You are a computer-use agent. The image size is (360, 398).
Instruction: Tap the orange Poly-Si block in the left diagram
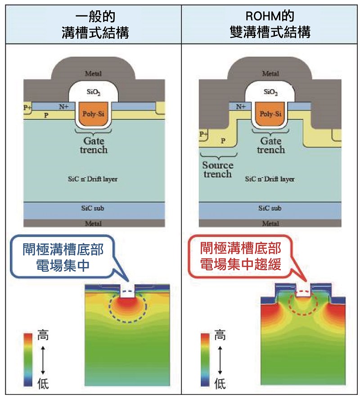(94, 114)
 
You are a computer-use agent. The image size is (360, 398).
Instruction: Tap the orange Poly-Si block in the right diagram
(270, 114)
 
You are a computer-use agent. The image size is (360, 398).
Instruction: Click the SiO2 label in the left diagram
(94, 92)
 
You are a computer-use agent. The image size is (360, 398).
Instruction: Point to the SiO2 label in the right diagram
(270, 92)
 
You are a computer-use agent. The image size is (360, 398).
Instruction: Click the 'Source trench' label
(218, 169)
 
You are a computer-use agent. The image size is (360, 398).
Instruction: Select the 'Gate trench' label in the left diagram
(94, 145)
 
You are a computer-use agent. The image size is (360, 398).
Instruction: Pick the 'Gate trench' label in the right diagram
(270, 145)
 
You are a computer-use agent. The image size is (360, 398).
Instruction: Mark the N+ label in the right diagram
(241, 107)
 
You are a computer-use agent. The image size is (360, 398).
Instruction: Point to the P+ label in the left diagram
(27, 108)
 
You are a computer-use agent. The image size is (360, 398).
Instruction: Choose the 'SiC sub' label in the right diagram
(270, 208)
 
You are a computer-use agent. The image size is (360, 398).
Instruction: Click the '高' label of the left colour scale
(43, 335)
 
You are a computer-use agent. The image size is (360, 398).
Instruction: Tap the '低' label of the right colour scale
(220, 383)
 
